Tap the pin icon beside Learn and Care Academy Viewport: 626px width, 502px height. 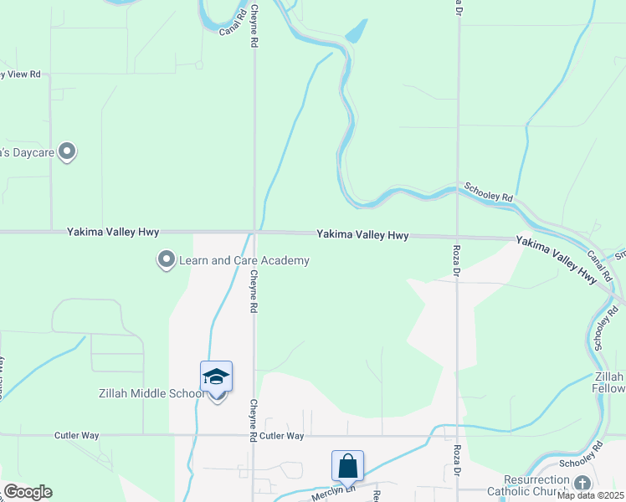(x=166, y=260)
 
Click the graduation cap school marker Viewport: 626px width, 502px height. (x=216, y=377)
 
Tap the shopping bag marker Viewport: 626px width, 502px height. (x=347, y=466)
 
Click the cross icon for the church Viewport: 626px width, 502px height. (x=582, y=484)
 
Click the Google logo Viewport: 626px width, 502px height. (x=28, y=492)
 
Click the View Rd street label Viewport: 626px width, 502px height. (x=21, y=74)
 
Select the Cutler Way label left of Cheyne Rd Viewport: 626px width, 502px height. (x=77, y=436)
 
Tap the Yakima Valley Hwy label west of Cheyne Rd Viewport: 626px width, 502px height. (x=113, y=232)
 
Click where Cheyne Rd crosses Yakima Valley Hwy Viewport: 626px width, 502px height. (x=254, y=233)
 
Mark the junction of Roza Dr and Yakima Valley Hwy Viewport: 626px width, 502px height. (x=457, y=237)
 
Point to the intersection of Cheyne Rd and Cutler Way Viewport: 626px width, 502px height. (x=254, y=435)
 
